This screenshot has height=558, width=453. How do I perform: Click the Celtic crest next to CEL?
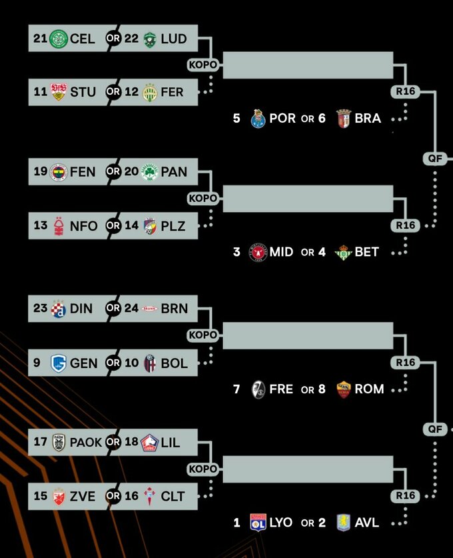(x=59, y=39)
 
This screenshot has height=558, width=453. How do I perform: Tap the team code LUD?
(x=174, y=39)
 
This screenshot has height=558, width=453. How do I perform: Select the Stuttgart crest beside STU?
(x=59, y=92)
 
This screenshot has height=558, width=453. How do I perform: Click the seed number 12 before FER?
(x=131, y=92)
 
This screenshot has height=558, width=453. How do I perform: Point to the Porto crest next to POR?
(x=258, y=119)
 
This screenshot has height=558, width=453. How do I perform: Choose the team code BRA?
(x=368, y=119)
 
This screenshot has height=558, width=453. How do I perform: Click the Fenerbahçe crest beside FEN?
(x=59, y=172)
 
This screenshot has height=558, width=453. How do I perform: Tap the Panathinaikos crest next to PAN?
(x=150, y=172)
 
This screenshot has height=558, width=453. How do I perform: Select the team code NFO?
(x=84, y=226)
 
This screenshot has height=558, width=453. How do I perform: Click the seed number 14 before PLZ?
(x=131, y=226)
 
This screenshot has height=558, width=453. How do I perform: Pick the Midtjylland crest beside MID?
(x=258, y=253)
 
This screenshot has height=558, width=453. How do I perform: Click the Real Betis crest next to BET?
(x=343, y=253)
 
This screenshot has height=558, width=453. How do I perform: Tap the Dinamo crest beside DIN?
(x=59, y=309)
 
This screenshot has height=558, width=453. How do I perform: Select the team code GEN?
(x=84, y=363)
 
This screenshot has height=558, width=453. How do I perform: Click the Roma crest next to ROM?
(x=343, y=389)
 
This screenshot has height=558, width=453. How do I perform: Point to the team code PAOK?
(x=86, y=442)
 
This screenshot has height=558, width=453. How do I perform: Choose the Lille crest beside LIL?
(x=150, y=442)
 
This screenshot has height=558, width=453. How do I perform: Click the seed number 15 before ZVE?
(x=41, y=497)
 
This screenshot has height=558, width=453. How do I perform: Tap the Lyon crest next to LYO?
(x=258, y=523)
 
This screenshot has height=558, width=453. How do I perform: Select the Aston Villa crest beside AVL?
(x=343, y=523)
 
